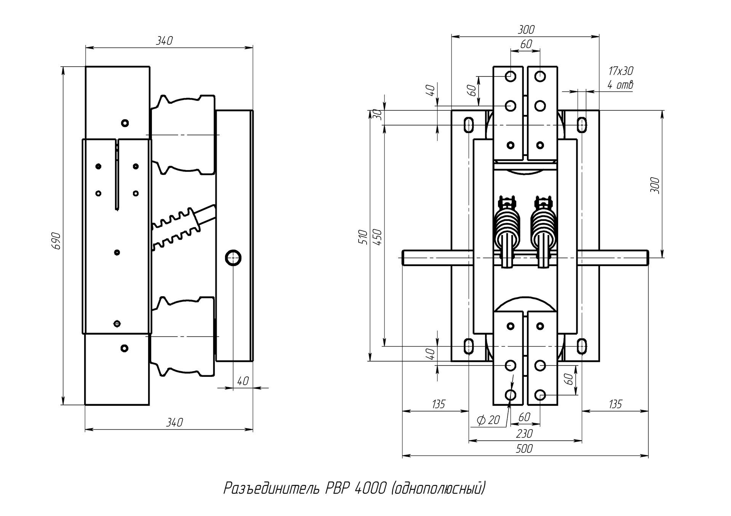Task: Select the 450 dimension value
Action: [x=378, y=237]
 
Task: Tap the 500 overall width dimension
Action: [x=524, y=449]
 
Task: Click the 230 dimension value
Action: [x=524, y=433]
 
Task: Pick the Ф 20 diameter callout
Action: [x=488, y=420]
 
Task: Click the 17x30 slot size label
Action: [x=621, y=71]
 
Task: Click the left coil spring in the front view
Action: [x=506, y=230]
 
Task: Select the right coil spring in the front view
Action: [x=543, y=230]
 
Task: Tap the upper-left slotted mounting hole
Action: [x=469, y=125]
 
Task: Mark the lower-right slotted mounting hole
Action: [x=581, y=346]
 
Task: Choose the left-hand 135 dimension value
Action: [x=439, y=404]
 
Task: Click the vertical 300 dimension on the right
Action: [x=655, y=185]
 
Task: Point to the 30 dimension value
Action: [x=378, y=115]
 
